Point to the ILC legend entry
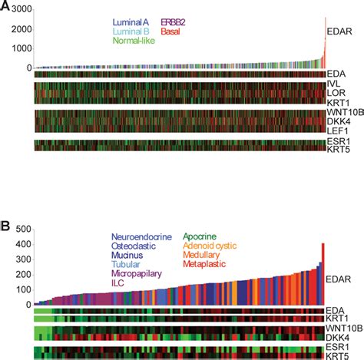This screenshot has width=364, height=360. pyautogui.click(x=123, y=282)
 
